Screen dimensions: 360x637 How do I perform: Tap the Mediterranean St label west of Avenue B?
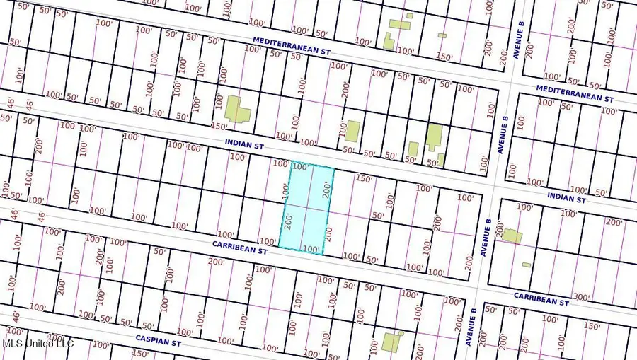click(x=292, y=47)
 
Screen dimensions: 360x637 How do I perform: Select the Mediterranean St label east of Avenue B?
click(x=575, y=93)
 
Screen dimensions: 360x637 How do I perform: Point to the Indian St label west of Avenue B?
click(x=244, y=144)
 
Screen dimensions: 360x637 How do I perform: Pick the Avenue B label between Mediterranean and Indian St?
click(x=503, y=136)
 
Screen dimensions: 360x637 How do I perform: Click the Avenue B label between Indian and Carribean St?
click(x=486, y=236)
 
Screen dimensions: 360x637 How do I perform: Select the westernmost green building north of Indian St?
click(x=236, y=110)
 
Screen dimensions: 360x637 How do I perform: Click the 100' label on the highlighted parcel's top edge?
click(x=300, y=168)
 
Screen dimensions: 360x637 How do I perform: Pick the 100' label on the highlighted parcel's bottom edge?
click(x=311, y=249)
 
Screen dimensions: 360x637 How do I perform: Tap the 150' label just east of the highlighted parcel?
click(x=363, y=178)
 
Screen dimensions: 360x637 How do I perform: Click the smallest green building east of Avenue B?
click(x=526, y=265)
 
